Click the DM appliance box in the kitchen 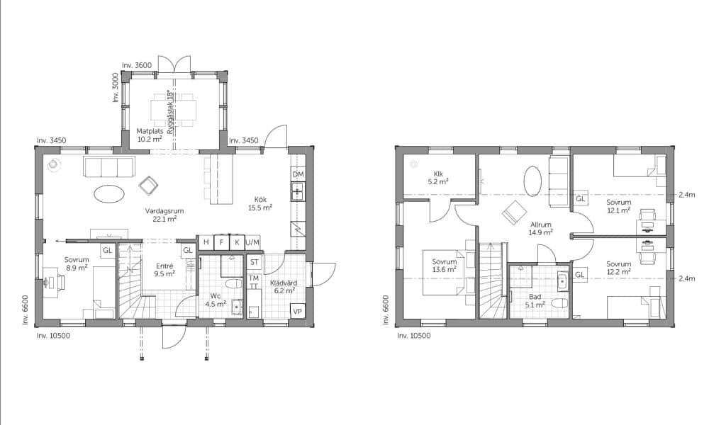pos(298,174)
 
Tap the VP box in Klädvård pos(297,311)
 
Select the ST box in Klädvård pos(254,262)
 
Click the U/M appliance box pos(252,242)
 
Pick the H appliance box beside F pos(206,242)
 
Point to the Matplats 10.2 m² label pos(150,135)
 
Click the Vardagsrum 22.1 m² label pos(164,215)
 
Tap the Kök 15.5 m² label pos(260,204)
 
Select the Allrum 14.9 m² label pos(541,229)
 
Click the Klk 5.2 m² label pos(437,178)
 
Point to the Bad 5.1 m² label pos(535,301)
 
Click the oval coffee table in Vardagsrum pos(109,194)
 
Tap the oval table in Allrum pos(532,181)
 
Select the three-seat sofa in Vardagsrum pos(109,166)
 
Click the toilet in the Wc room pos(234,285)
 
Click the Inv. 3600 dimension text pos(137,65)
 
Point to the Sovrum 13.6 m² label pos(444,265)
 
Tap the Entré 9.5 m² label pos(164,270)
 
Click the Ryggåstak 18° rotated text pos(170,112)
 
